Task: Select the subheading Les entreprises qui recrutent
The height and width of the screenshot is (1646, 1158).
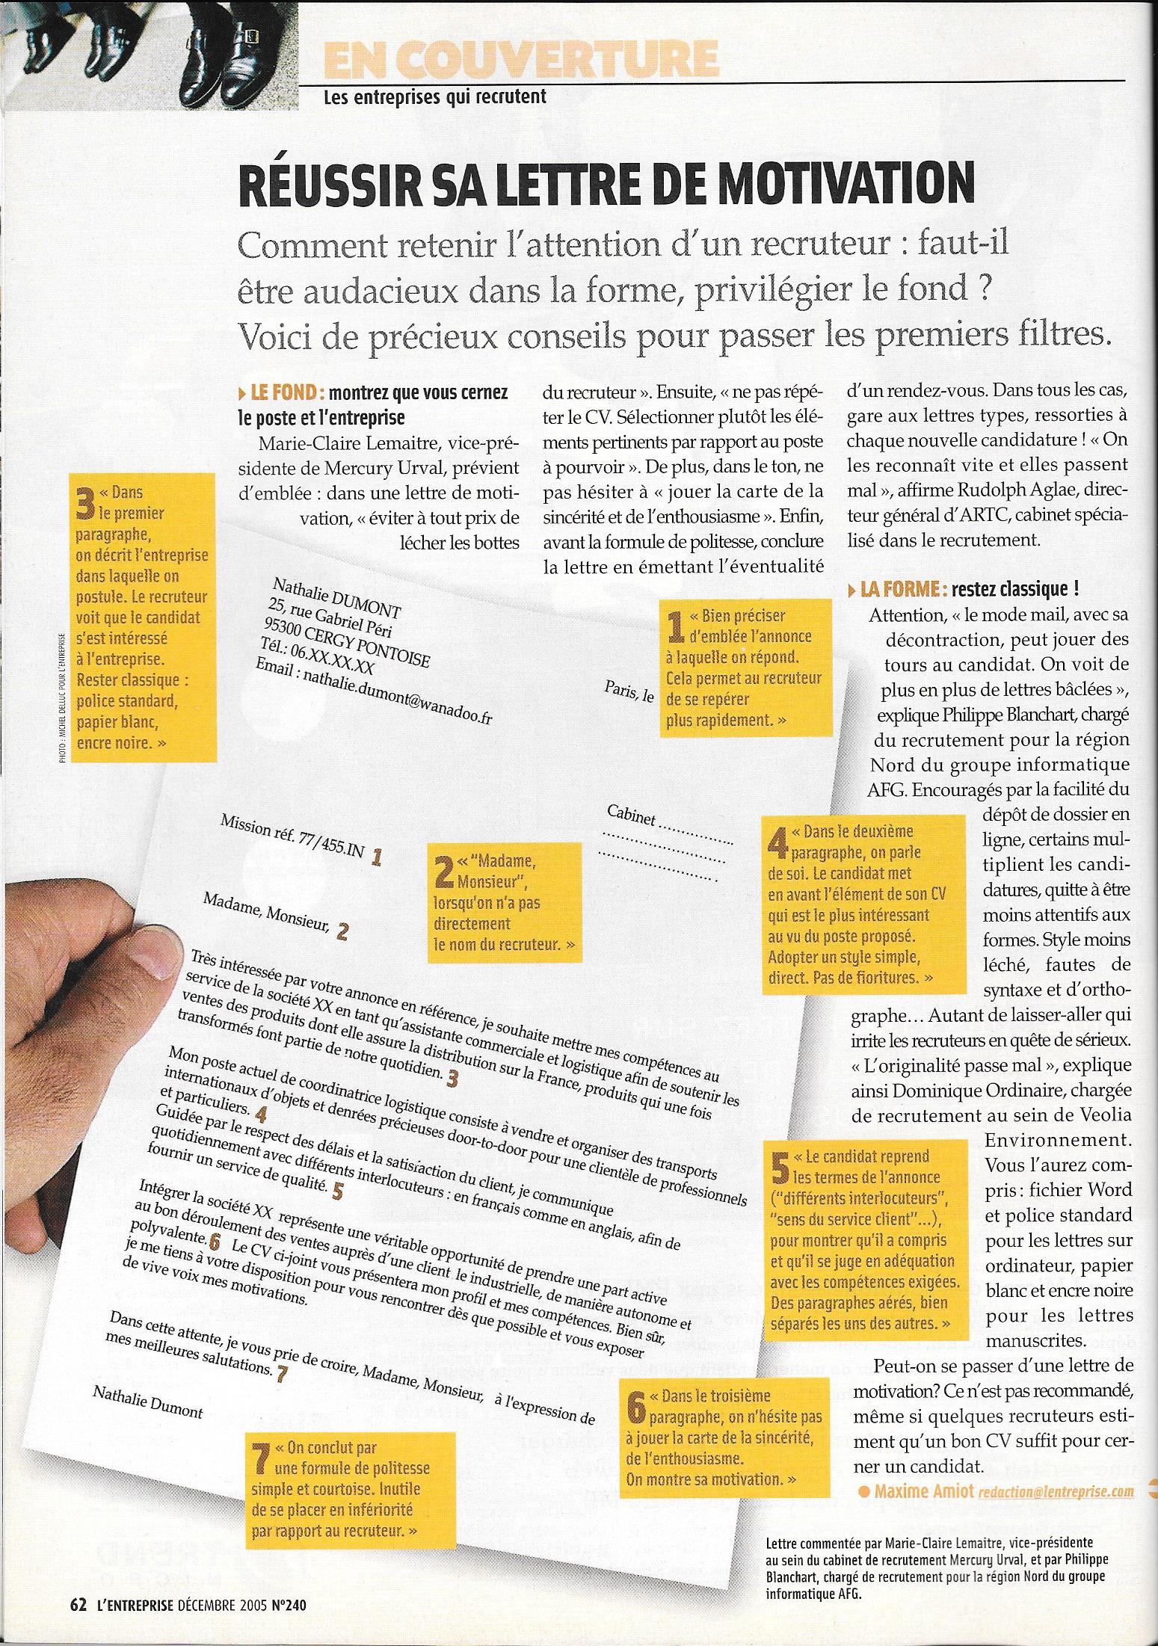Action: click(x=424, y=96)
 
